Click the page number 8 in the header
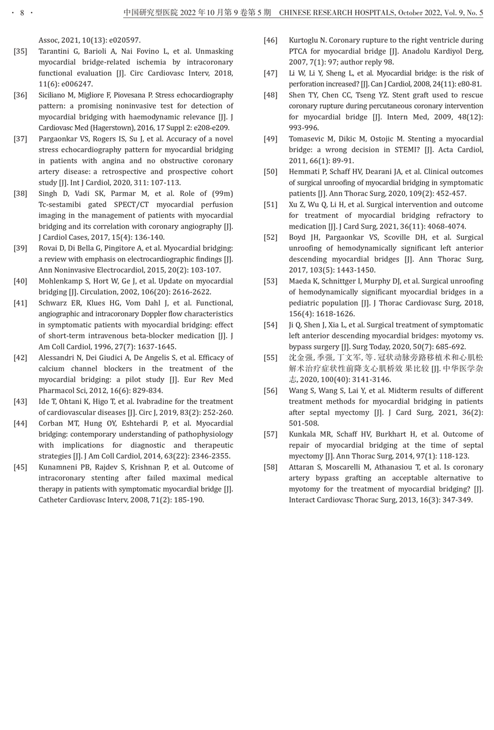point(22,13)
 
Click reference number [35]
point(20,51)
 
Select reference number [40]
point(20,281)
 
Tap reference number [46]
point(270,40)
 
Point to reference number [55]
point(270,358)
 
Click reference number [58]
point(270,467)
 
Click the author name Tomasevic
point(308,139)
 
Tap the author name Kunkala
point(304,434)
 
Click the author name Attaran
point(304,467)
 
